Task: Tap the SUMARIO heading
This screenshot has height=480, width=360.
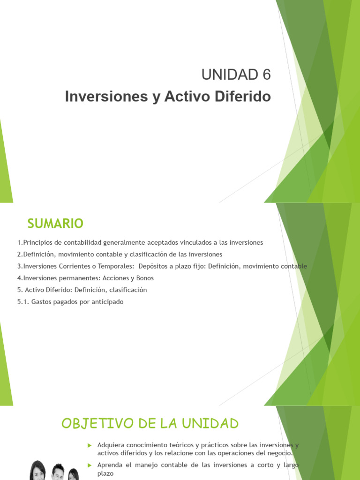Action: coord(55,224)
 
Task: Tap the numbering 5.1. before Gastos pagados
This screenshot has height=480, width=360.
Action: coord(23,302)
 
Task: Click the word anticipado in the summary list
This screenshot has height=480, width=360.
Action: coord(107,302)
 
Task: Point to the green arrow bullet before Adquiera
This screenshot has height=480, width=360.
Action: coord(89,445)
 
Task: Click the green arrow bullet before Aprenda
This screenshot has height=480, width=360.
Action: coord(89,465)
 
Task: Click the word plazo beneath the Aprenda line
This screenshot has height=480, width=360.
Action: coord(105,474)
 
